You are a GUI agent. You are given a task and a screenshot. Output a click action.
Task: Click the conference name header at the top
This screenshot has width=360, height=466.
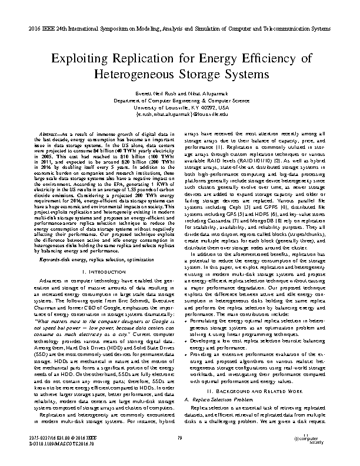[x=180, y=28]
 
